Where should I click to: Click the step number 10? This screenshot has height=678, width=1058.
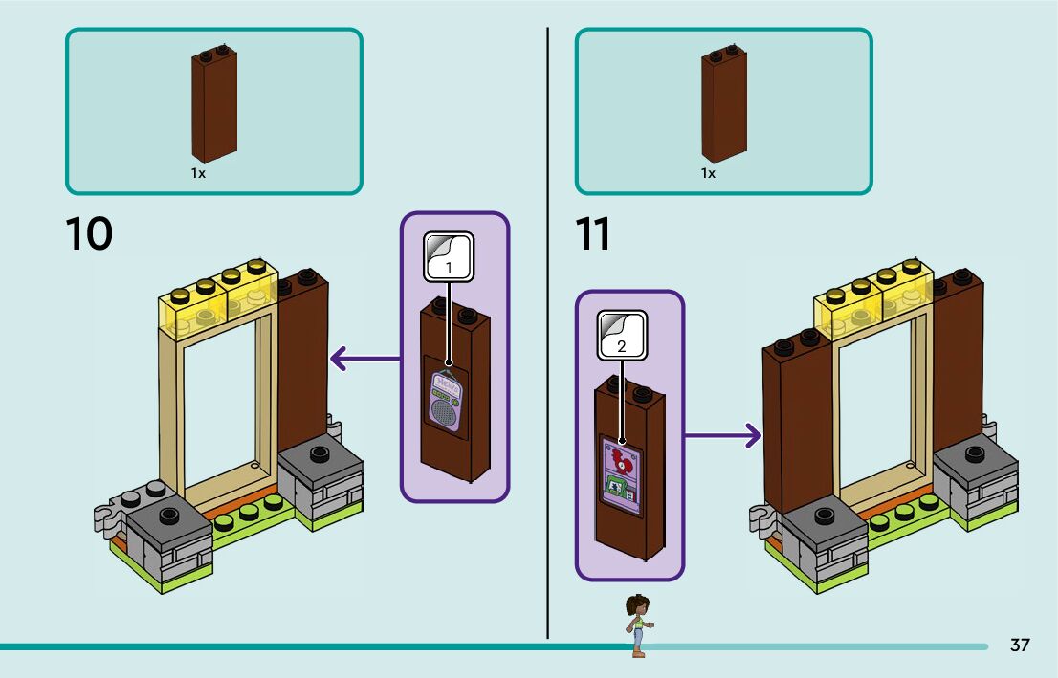[x=89, y=234]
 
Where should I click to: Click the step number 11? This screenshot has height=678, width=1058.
[x=593, y=234]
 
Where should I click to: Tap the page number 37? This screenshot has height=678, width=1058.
[x=1020, y=645]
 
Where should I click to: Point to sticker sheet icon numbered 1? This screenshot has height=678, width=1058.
[x=449, y=255]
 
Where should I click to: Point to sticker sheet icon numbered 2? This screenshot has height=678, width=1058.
[x=622, y=335]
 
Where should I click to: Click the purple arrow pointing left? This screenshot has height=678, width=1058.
[x=364, y=360]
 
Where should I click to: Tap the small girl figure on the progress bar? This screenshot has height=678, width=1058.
[x=636, y=625]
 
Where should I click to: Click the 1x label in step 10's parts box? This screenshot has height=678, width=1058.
[x=198, y=174]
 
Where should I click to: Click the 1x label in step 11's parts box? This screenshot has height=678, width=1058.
[x=708, y=174]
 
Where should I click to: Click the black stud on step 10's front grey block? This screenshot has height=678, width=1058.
[x=168, y=515]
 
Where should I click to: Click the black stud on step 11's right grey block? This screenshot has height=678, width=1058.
[x=975, y=454]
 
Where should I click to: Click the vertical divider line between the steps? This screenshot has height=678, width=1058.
[x=548, y=335]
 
